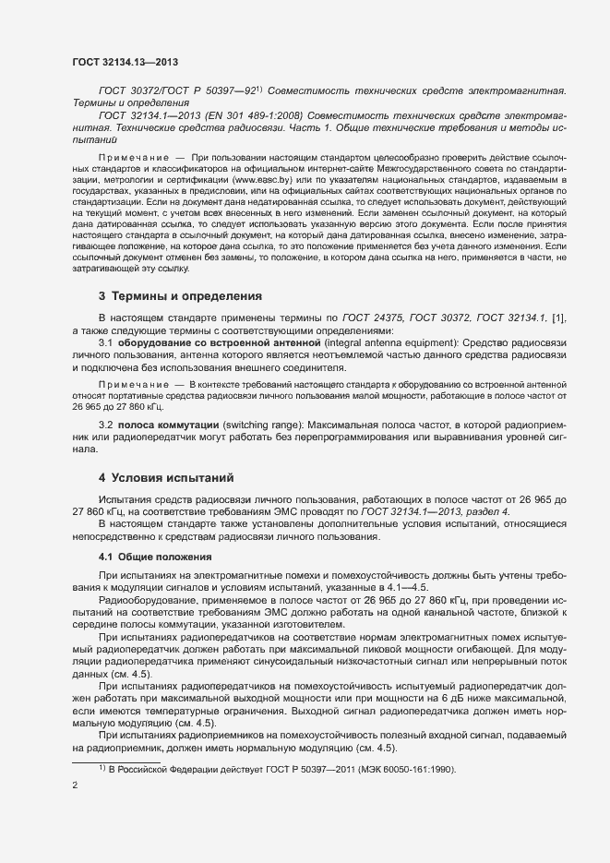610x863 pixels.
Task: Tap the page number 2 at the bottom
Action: (75, 785)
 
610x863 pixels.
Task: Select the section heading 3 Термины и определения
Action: (180, 296)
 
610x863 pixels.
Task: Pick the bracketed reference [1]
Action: (558, 318)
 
